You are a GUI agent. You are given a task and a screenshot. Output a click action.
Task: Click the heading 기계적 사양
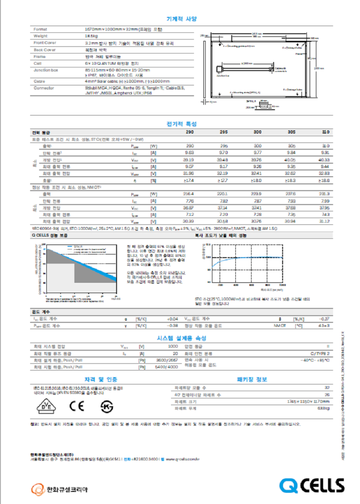pyautogui.click(x=181, y=19)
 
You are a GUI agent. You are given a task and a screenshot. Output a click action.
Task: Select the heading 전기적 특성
pyautogui.click(x=181, y=124)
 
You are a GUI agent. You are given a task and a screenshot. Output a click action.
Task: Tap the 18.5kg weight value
pyautogui.click(x=92, y=36)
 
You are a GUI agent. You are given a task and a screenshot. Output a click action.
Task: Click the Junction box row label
pyautogui.click(x=46, y=70)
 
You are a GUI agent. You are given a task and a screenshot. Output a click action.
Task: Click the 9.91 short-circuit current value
pyautogui.click(x=325, y=153)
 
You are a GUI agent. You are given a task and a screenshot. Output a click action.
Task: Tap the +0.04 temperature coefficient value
pyautogui.click(x=172, y=319)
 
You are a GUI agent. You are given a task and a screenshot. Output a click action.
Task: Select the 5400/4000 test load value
pyautogui.click(x=166, y=367)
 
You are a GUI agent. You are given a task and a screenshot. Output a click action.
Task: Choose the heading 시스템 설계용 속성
pyautogui.click(x=181, y=338)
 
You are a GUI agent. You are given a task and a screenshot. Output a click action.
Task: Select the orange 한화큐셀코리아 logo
pyautogui.click(x=59, y=489)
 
